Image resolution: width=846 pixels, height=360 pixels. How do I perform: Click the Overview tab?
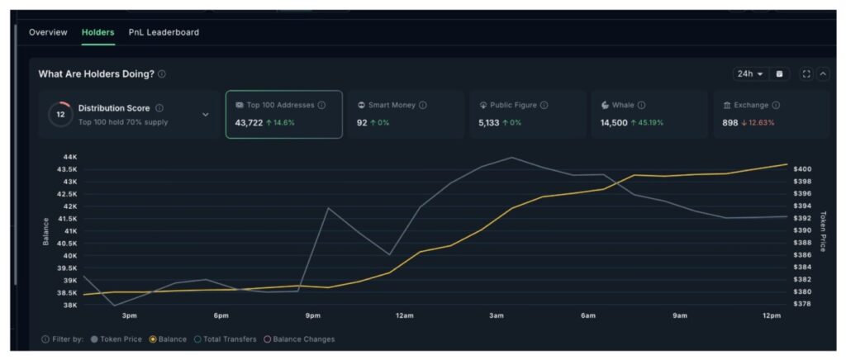[x=48, y=32]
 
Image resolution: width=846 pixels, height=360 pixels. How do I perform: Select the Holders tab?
[x=97, y=32]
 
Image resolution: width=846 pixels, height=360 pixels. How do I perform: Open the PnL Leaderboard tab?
[x=164, y=32]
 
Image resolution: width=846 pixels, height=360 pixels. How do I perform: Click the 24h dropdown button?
[x=750, y=73]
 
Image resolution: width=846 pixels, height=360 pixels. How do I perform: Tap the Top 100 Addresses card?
[x=283, y=114]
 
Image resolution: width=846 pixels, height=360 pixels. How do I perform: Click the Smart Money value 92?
[x=362, y=123]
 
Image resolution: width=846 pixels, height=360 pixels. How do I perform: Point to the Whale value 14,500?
[x=614, y=123]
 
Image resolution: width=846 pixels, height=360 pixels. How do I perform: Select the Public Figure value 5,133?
[x=489, y=123]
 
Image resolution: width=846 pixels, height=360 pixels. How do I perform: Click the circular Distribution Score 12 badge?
[x=59, y=114]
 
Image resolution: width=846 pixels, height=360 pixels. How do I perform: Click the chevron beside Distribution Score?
[x=206, y=115]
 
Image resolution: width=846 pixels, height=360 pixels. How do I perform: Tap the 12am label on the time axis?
[x=404, y=316]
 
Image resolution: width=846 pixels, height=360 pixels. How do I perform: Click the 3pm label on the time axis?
[x=129, y=316]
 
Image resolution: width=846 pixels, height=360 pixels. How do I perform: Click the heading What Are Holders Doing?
[x=96, y=73]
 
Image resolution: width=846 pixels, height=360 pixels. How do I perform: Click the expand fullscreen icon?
[x=806, y=73]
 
